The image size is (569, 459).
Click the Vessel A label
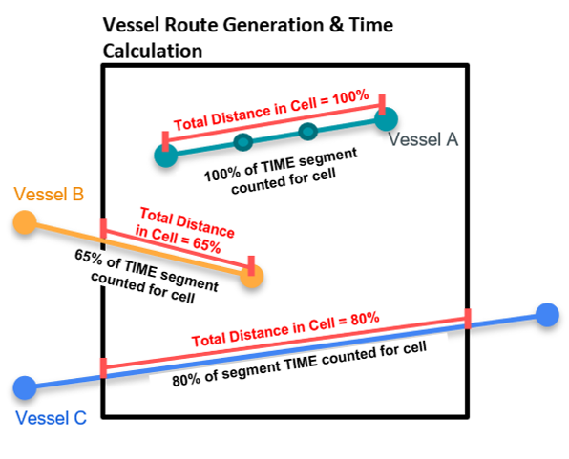[423, 139]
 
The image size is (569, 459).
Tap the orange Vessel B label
[49, 194]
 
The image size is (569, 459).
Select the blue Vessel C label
[52, 418]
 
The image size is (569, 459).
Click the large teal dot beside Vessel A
[386, 119]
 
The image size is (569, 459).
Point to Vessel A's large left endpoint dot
[166, 156]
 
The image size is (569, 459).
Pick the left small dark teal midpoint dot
[242, 142]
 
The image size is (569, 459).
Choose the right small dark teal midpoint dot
[308, 131]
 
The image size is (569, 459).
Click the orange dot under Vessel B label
[25, 222]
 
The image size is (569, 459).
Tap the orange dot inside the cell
[252, 276]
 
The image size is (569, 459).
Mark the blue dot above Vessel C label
[25, 387]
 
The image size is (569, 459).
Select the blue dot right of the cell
[547, 315]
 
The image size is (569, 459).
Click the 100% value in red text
[351, 98]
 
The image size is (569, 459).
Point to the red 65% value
[207, 244]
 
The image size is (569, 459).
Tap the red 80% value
[365, 320]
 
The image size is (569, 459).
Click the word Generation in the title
[273, 25]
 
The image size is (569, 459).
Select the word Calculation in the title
[153, 51]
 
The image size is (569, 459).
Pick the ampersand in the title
[336, 25]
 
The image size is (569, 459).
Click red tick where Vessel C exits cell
[468, 319]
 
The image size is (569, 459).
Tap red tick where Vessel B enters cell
[104, 228]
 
